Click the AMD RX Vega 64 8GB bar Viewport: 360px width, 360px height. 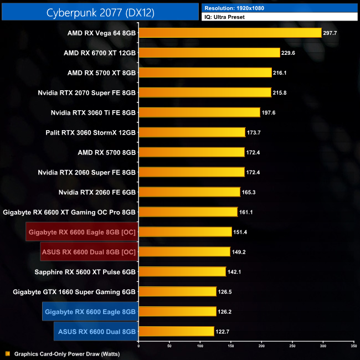230,33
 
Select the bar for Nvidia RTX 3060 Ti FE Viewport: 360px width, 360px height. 199,112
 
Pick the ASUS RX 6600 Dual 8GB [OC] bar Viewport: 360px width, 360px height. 184,251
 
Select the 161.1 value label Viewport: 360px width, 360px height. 246,212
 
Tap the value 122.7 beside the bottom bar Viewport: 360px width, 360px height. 223,331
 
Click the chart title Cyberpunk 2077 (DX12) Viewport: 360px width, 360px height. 100,11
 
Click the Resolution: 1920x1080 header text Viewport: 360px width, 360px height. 233,8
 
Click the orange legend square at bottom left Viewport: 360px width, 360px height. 7,353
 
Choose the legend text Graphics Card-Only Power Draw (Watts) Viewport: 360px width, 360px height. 67,353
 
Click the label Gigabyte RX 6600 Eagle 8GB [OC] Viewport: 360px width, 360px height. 82,232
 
